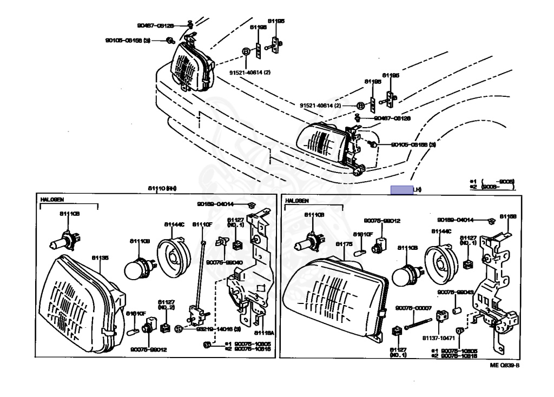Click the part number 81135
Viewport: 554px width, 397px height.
(x=100, y=258)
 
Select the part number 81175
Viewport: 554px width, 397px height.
(x=344, y=244)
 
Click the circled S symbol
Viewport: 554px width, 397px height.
(x=178, y=328)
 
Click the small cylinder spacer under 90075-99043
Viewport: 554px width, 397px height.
(x=456, y=312)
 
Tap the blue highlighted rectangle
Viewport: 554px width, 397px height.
(x=401, y=189)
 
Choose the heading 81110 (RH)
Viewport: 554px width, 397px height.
(x=162, y=188)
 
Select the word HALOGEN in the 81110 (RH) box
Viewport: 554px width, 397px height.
(x=52, y=200)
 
